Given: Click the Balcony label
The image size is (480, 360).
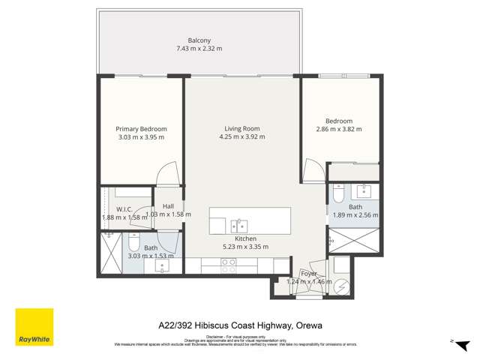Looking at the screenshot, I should (199, 40).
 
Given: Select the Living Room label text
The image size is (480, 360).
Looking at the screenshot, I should (241, 128).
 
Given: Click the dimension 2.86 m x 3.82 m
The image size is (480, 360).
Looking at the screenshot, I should (339, 129).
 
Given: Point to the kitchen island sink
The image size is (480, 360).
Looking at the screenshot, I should (239, 225).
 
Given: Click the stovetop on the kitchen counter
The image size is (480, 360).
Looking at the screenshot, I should (229, 264).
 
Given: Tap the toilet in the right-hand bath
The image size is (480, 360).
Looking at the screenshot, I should (337, 196).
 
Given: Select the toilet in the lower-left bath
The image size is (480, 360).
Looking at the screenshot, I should (133, 241).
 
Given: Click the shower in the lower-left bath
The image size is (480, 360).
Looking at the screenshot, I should (112, 253).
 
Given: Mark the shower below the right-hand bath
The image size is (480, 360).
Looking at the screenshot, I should (354, 241).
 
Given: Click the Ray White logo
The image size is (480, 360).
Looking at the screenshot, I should (34, 327).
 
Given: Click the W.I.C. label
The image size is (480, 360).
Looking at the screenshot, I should (124, 209).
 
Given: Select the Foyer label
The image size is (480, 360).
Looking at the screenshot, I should (308, 274).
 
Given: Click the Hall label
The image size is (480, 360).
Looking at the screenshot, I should (168, 205).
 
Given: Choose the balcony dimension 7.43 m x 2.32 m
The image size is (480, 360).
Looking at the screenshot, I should (199, 49).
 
